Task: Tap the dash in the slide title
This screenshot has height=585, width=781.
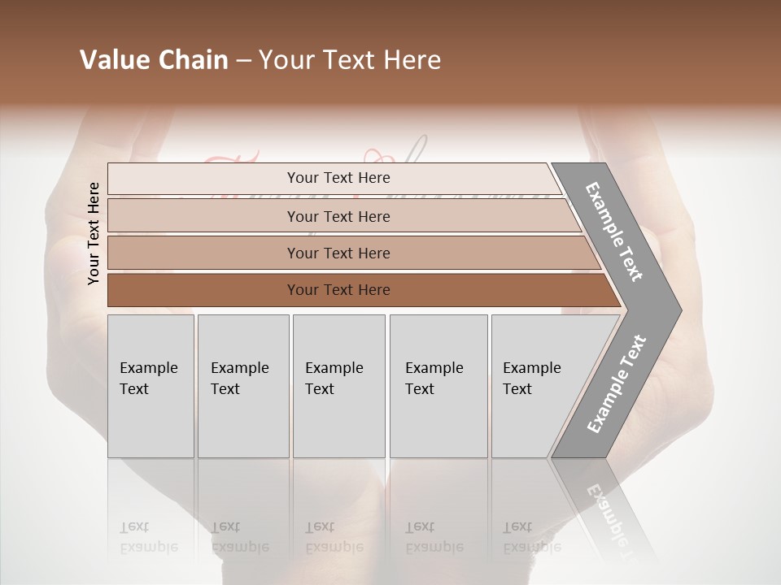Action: [x=243, y=61]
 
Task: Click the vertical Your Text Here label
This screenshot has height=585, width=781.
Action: [x=94, y=233]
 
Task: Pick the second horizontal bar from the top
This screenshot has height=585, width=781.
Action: [x=338, y=216]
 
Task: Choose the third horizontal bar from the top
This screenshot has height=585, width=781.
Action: [x=338, y=253]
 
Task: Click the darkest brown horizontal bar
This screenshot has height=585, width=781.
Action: [x=338, y=290]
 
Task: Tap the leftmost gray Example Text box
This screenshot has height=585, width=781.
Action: [x=151, y=386]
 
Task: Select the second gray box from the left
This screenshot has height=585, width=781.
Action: [x=242, y=386]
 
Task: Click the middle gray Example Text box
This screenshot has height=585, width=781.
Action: [x=338, y=386]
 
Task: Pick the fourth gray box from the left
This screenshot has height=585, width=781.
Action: [x=438, y=386]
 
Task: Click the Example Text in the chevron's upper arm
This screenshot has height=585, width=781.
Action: [x=614, y=231]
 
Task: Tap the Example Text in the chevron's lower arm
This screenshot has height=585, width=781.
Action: [x=617, y=384]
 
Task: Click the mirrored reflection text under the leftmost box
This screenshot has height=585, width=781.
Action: [x=149, y=537]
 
